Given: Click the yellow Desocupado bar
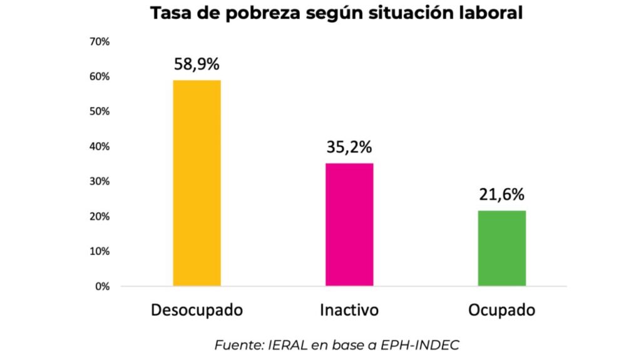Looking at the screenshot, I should (x=197, y=183).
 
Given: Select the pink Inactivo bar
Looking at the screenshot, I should (x=349, y=224).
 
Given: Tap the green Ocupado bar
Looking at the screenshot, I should (x=502, y=248).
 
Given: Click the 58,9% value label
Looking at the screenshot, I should (x=197, y=64).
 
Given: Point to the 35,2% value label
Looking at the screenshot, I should (x=349, y=148).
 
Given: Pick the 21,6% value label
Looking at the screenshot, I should (x=502, y=195).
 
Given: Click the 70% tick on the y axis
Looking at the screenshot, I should (x=100, y=42).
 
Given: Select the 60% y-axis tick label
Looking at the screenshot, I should (x=100, y=76).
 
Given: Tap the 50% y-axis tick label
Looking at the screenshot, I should (x=100, y=111).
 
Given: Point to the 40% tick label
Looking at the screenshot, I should (x=100, y=147).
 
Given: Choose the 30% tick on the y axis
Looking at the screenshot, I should (x=100, y=182).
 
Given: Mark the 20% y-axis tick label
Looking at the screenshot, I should (x=100, y=217).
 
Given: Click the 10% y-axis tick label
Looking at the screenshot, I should (x=100, y=252).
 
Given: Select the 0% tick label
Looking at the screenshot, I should (x=103, y=287).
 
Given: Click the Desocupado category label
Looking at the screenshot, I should (x=197, y=311).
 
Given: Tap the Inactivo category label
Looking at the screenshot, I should (x=349, y=311).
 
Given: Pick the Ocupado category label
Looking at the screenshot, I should (x=501, y=311).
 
